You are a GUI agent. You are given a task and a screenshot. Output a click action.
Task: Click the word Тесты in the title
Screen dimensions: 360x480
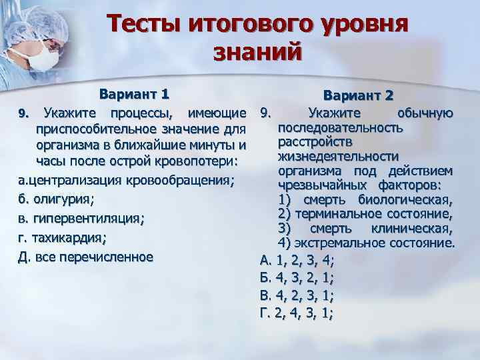coord(147,25)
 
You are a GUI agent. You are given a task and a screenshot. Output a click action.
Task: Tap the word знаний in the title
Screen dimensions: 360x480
coord(257,53)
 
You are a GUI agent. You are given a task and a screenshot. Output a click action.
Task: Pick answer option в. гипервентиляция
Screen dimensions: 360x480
coord(78,219)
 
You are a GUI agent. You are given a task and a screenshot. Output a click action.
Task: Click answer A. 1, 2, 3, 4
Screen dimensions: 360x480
coord(297,260)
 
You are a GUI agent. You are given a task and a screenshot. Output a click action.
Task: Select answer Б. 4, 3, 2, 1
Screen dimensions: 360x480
coord(296,277)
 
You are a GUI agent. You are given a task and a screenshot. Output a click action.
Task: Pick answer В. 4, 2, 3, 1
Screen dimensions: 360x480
coord(296,295)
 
